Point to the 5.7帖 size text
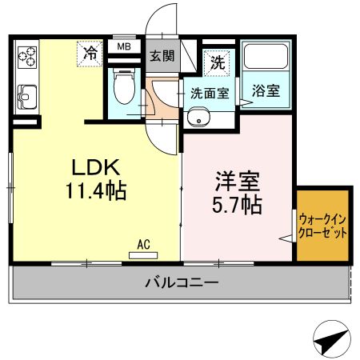tap(239, 205)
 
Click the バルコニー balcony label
tap(182, 282)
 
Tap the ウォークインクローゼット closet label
tap(323, 225)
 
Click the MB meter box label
tap(124, 47)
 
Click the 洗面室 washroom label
tap(209, 93)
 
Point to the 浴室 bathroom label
tap(266, 90)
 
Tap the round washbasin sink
tap(197, 119)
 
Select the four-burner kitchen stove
tap(28, 57)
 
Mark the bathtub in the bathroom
tap(265, 58)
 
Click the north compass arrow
tap(330, 338)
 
